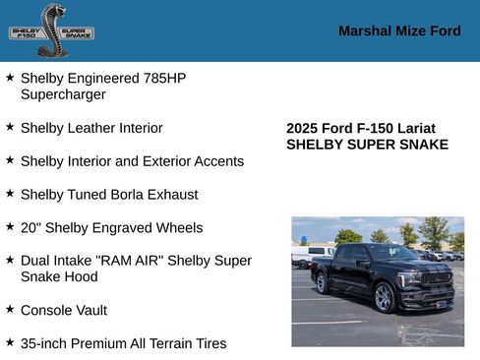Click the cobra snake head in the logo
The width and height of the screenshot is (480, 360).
pos(51,14)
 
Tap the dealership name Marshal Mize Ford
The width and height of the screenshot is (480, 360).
pos(399,30)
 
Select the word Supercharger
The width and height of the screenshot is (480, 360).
pos(63,94)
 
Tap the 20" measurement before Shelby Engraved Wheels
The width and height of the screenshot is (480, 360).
pos(31,227)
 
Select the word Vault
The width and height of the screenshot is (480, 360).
pos(89,311)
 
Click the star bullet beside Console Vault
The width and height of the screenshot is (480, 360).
pos(10,309)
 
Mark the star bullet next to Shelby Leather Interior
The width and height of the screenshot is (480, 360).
pos(10,127)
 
